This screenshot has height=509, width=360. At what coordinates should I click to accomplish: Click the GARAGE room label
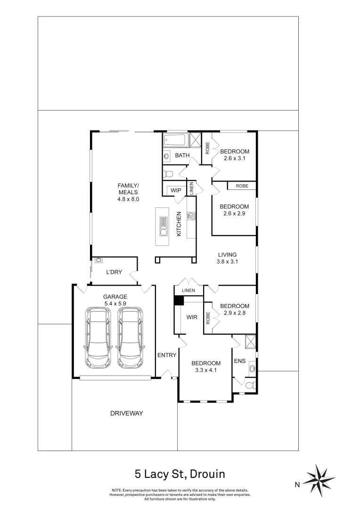115,297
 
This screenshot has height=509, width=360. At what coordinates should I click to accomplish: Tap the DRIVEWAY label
127,413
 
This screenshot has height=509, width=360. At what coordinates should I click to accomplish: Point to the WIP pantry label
176,190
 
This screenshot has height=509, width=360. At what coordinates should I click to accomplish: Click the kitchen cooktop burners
191,216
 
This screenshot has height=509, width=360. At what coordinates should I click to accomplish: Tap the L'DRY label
114,272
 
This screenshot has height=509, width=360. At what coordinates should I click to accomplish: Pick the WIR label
192,317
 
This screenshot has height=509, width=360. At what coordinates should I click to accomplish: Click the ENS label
239,361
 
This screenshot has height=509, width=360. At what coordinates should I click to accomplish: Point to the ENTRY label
167,355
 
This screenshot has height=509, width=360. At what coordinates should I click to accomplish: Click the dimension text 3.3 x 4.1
206,370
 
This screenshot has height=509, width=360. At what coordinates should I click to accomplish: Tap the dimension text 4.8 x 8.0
128,199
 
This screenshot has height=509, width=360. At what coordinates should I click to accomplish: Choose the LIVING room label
227,255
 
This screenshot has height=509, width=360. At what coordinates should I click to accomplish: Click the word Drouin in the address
207,474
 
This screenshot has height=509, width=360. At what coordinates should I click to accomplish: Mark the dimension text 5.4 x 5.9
115,304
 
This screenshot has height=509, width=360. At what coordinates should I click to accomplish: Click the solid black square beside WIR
179,301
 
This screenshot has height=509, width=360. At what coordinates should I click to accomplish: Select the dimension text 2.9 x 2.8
235,313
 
